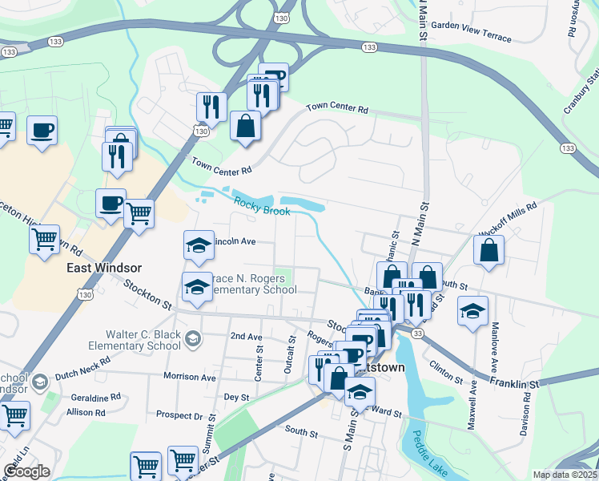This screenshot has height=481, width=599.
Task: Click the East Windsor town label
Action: [x=104, y=268]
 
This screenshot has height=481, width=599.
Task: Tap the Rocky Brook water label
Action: [x=261, y=206]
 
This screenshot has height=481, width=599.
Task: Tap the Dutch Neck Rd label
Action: [x=89, y=373]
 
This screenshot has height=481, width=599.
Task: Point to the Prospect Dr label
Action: [x=179, y=416]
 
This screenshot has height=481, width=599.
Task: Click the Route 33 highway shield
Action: [x=417, y=332]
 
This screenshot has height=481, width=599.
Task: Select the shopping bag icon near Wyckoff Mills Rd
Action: [x=488, y=249]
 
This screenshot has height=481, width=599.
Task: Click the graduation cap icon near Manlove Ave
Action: [x=472, y=309]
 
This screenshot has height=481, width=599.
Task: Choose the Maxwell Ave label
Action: [x=473, y=399]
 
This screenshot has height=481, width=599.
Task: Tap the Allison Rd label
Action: [x=86, y=413]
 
